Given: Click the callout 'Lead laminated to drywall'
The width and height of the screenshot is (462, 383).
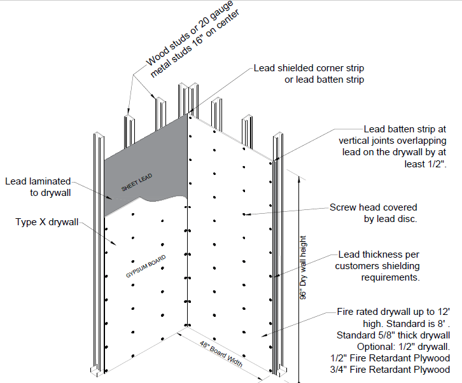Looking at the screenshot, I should [x=38, y=186].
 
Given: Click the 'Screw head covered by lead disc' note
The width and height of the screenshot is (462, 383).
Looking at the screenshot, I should [x=374, y=213].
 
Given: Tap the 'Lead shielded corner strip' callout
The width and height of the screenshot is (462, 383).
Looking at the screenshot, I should [x=309, y=68].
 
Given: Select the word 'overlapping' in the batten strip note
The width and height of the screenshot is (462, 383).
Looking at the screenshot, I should [x=420, y=141].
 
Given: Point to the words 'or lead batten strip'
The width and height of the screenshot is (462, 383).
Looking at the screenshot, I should [x=323, y=80].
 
